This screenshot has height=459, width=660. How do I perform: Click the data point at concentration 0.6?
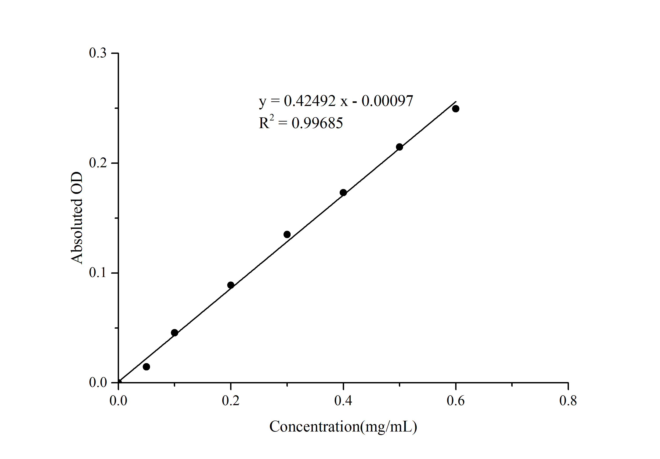click(x=456, y=109)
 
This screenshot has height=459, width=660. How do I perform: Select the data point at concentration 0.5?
click(x=399, y=147)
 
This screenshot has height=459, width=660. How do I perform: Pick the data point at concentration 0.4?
click(x=343, y=192)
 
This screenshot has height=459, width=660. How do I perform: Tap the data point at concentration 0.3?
click(x=287, y=234)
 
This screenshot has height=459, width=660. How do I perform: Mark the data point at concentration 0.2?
click(x=231, y=285)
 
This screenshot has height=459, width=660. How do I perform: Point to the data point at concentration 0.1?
click(x=174, y=333)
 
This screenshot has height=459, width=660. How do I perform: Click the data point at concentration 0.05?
click(x=146, y=367)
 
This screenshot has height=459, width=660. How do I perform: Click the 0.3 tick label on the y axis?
click(x=98, y=53)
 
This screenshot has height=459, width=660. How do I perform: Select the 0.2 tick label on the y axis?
click(x=98, y=163)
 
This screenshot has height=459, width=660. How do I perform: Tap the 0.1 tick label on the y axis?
click(x=98, y=273)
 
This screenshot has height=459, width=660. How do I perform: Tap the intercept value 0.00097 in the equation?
click(x=387, y=101)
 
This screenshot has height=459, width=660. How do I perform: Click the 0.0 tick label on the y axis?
click(x=98, y=382)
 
